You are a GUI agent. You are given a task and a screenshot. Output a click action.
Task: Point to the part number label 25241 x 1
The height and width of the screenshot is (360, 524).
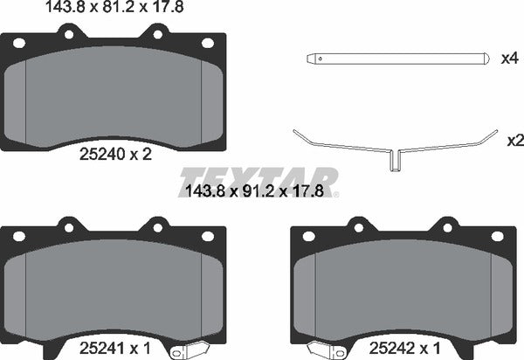point(112,348)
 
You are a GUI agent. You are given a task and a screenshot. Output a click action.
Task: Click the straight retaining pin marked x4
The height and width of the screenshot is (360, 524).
point(393,59)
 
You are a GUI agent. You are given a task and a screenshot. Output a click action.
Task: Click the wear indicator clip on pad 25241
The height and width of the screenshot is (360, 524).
point(188,350)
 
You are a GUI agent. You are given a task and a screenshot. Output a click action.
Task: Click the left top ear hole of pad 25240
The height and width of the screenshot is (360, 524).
point(68,34)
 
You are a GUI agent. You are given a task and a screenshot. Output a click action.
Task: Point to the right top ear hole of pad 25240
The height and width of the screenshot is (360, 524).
point(159,34)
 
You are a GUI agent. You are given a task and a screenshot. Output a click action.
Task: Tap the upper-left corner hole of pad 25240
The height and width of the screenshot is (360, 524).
point(19,44)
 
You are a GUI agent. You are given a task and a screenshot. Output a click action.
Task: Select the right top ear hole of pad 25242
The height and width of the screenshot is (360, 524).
point(446,228)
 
